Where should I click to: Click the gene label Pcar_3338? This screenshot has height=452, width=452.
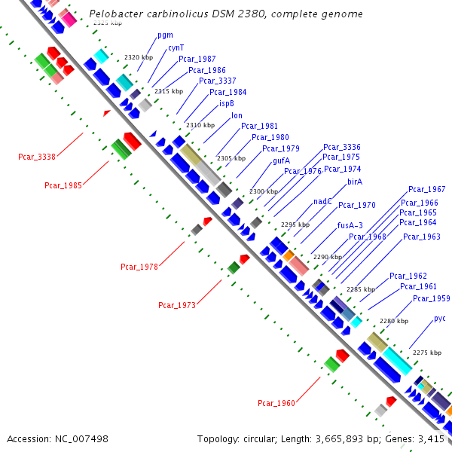point(37,157)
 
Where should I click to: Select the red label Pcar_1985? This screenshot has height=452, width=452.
point(63,185)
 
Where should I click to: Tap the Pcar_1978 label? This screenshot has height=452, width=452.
point(139,267)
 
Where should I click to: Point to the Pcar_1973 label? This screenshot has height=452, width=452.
point(177,305)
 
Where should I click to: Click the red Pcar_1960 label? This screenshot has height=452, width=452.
point(276,403)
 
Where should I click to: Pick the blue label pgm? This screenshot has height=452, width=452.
point(165,35)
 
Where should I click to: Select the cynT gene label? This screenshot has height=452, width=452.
point(176,47)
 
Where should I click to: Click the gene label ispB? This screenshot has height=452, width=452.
point(227,103)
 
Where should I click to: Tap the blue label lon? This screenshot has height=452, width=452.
point(237,115)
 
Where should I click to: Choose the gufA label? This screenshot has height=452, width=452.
point(281,160)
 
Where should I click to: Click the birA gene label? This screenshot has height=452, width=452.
point(355,182)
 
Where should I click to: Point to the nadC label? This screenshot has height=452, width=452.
point(323,201)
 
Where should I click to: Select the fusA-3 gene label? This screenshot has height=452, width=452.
point(350,225)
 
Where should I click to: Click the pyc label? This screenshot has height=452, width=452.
point(440,319)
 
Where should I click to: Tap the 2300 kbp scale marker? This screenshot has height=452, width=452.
point(264,192)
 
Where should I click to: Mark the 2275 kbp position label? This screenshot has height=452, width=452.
point(427,353)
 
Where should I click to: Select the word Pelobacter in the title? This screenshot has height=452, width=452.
point(113,14)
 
